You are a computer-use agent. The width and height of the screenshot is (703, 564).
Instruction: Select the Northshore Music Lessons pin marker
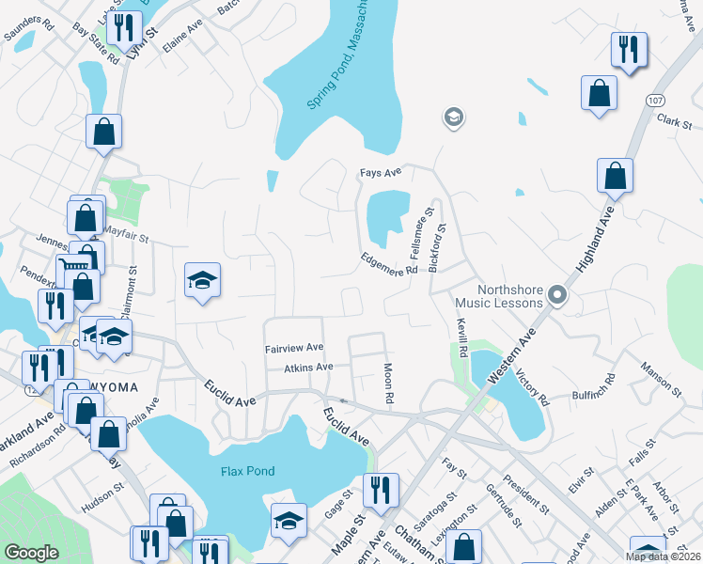(x=557, y=296)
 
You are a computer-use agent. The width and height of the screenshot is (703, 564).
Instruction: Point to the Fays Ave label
(x=381, y=172)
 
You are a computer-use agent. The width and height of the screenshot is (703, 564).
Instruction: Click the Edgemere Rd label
(x=389, y=263)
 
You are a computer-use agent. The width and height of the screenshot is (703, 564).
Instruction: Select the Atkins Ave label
(x=309, y=367)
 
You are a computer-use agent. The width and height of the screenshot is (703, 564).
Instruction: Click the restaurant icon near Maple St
(x=381, y=490)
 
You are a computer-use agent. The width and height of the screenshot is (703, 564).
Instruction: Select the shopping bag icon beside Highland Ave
(x=615, y=176)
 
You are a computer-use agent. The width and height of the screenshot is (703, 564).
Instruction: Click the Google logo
(x=31, y=553)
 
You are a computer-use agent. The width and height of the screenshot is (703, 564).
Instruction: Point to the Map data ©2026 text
(x=663, y=556)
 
